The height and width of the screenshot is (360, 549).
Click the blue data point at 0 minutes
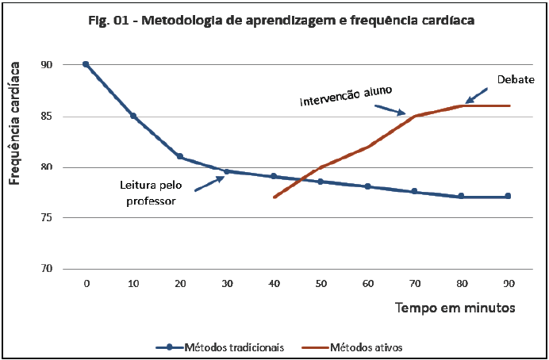click(86, 64)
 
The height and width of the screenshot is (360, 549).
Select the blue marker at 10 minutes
click(133, 116)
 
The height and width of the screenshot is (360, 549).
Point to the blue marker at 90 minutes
click(509, 196)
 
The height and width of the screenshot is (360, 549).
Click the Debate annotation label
click(516, 79)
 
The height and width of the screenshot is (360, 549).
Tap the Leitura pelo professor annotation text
click(148, 193)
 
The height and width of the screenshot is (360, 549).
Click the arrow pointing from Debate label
click(478, 95)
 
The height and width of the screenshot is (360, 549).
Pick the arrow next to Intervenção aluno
click(393, 109)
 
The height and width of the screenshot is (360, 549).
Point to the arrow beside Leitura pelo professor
click(208, 183)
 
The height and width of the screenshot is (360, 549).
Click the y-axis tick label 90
click(68, 65)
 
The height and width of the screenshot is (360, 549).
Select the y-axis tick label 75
click(68, 218)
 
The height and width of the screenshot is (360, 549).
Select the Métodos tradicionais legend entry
click(220, 347)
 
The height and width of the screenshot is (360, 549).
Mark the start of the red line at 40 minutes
click(274, 197)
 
